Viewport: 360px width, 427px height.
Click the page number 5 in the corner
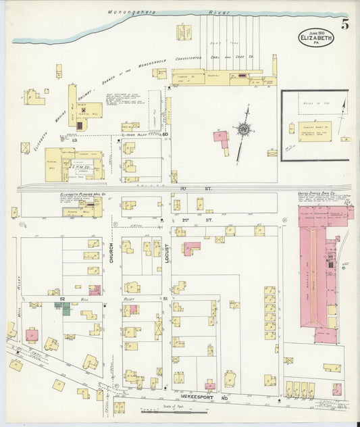point(345,25)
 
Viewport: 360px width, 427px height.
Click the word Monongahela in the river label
point(133,13)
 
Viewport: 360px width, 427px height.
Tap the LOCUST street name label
point(166,256)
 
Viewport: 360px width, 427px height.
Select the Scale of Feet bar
point(173,411)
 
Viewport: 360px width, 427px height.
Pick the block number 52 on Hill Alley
point(61,297)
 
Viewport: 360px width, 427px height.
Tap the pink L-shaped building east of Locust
point(191,249)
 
